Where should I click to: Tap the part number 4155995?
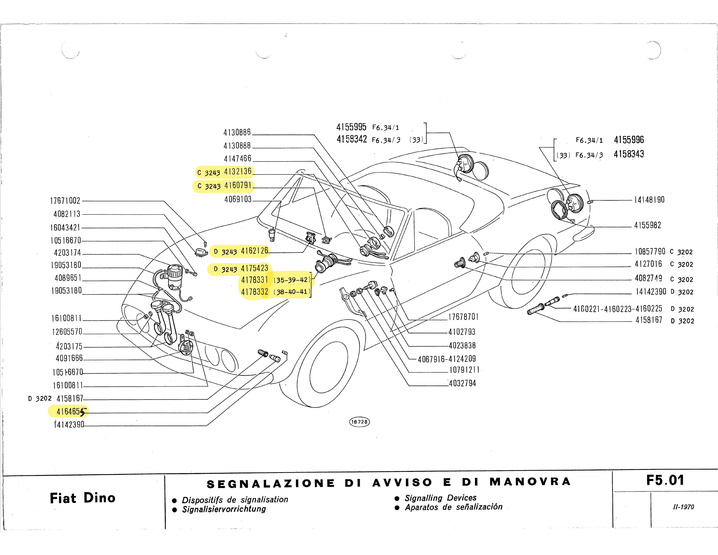pos(351,127)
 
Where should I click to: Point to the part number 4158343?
pos(629,154)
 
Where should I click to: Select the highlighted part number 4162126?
pos(254,251)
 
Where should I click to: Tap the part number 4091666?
pos(69,358)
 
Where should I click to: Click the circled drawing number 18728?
pos(359,422)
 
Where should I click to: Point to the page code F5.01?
pos(665,480)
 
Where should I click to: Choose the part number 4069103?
pos(238,199)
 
